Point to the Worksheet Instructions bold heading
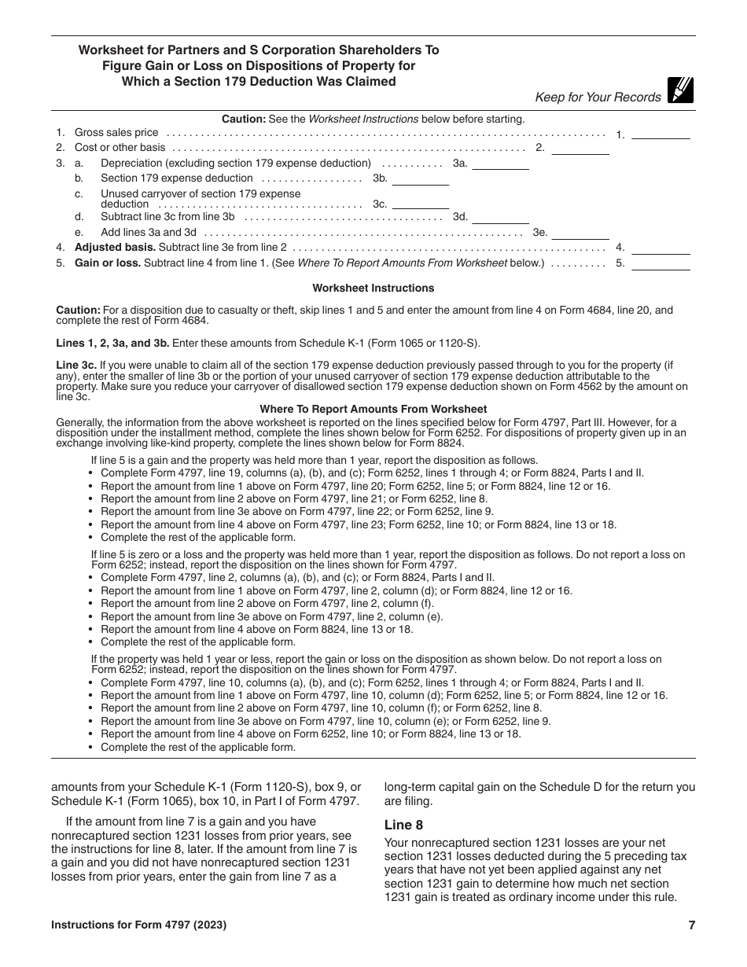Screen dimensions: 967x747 point(373,289)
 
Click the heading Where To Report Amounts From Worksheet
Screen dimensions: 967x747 point(373,409)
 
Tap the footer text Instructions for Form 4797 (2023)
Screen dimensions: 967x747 point(139,925)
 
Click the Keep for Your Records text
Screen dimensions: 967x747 point(598,97)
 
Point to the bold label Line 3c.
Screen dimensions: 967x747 point(76,366)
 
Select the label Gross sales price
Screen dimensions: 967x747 point(116,133)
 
